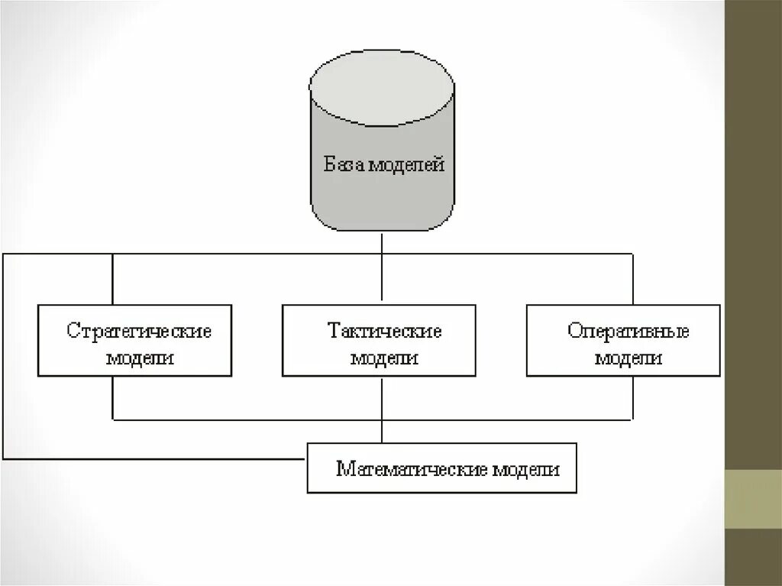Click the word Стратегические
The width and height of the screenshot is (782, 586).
point(138,332)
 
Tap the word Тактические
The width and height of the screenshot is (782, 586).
point(385,332)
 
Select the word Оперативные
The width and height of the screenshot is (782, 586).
point(629,332)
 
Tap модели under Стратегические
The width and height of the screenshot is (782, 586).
point(140,358)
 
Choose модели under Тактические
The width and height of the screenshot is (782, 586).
point(384,358)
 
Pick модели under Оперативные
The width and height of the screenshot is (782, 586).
point(629,358)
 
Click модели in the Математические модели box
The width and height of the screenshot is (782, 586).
point(525,469)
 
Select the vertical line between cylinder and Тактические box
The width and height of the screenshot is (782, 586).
point(382,267)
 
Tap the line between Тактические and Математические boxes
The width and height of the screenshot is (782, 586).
point(382,409)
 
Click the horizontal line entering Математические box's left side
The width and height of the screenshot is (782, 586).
point(153,458)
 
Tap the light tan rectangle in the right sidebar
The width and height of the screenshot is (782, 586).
point(753,499)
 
